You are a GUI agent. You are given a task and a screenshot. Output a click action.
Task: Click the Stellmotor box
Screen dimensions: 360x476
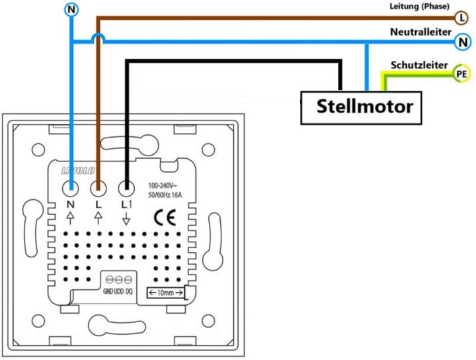pyautogui.click(x=366, y=107)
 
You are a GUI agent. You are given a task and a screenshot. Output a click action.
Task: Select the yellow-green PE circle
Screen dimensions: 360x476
pyautogui.click(x=461, y=74)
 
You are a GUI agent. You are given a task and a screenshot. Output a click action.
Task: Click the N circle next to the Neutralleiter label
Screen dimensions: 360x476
pyautogui.click(x=462, y=43)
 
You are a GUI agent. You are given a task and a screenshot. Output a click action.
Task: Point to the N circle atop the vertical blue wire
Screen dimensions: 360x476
pyautogui.click(x=71, y=9)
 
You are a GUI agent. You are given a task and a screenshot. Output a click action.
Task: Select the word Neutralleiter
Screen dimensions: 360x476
pyautogui.click(x=420, y=31)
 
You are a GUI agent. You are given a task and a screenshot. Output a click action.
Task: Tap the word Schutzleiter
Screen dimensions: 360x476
pyautogui.click(x=419, y=65)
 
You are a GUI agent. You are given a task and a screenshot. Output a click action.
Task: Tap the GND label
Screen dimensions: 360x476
pyautogui.click(x=108, y=291)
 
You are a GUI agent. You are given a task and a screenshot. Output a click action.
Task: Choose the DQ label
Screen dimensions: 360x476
pyautogui.click(x=130, y=291)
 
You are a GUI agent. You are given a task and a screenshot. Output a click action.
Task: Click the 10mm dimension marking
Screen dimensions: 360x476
pyautogui.click(x=165, y=292)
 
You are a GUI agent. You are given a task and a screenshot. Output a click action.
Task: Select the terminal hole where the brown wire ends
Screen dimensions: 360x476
pyautogui.click(x=99, y=188)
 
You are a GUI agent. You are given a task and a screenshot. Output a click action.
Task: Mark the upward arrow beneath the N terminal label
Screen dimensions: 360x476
pyautogui.click(x=71, y=218)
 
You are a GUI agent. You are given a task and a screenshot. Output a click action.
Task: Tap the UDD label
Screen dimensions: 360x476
pyautogui.click(x=119, y=291)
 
